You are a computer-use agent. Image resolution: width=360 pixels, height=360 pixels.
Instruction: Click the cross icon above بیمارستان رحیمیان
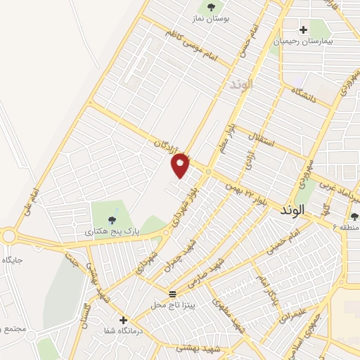(303, 30)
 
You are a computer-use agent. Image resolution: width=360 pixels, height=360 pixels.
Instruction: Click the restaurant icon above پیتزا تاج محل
(173, 292)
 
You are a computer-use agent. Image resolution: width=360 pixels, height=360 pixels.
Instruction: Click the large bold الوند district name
(295, 210)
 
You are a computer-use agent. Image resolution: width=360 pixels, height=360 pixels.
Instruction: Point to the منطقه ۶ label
(345, 229)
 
